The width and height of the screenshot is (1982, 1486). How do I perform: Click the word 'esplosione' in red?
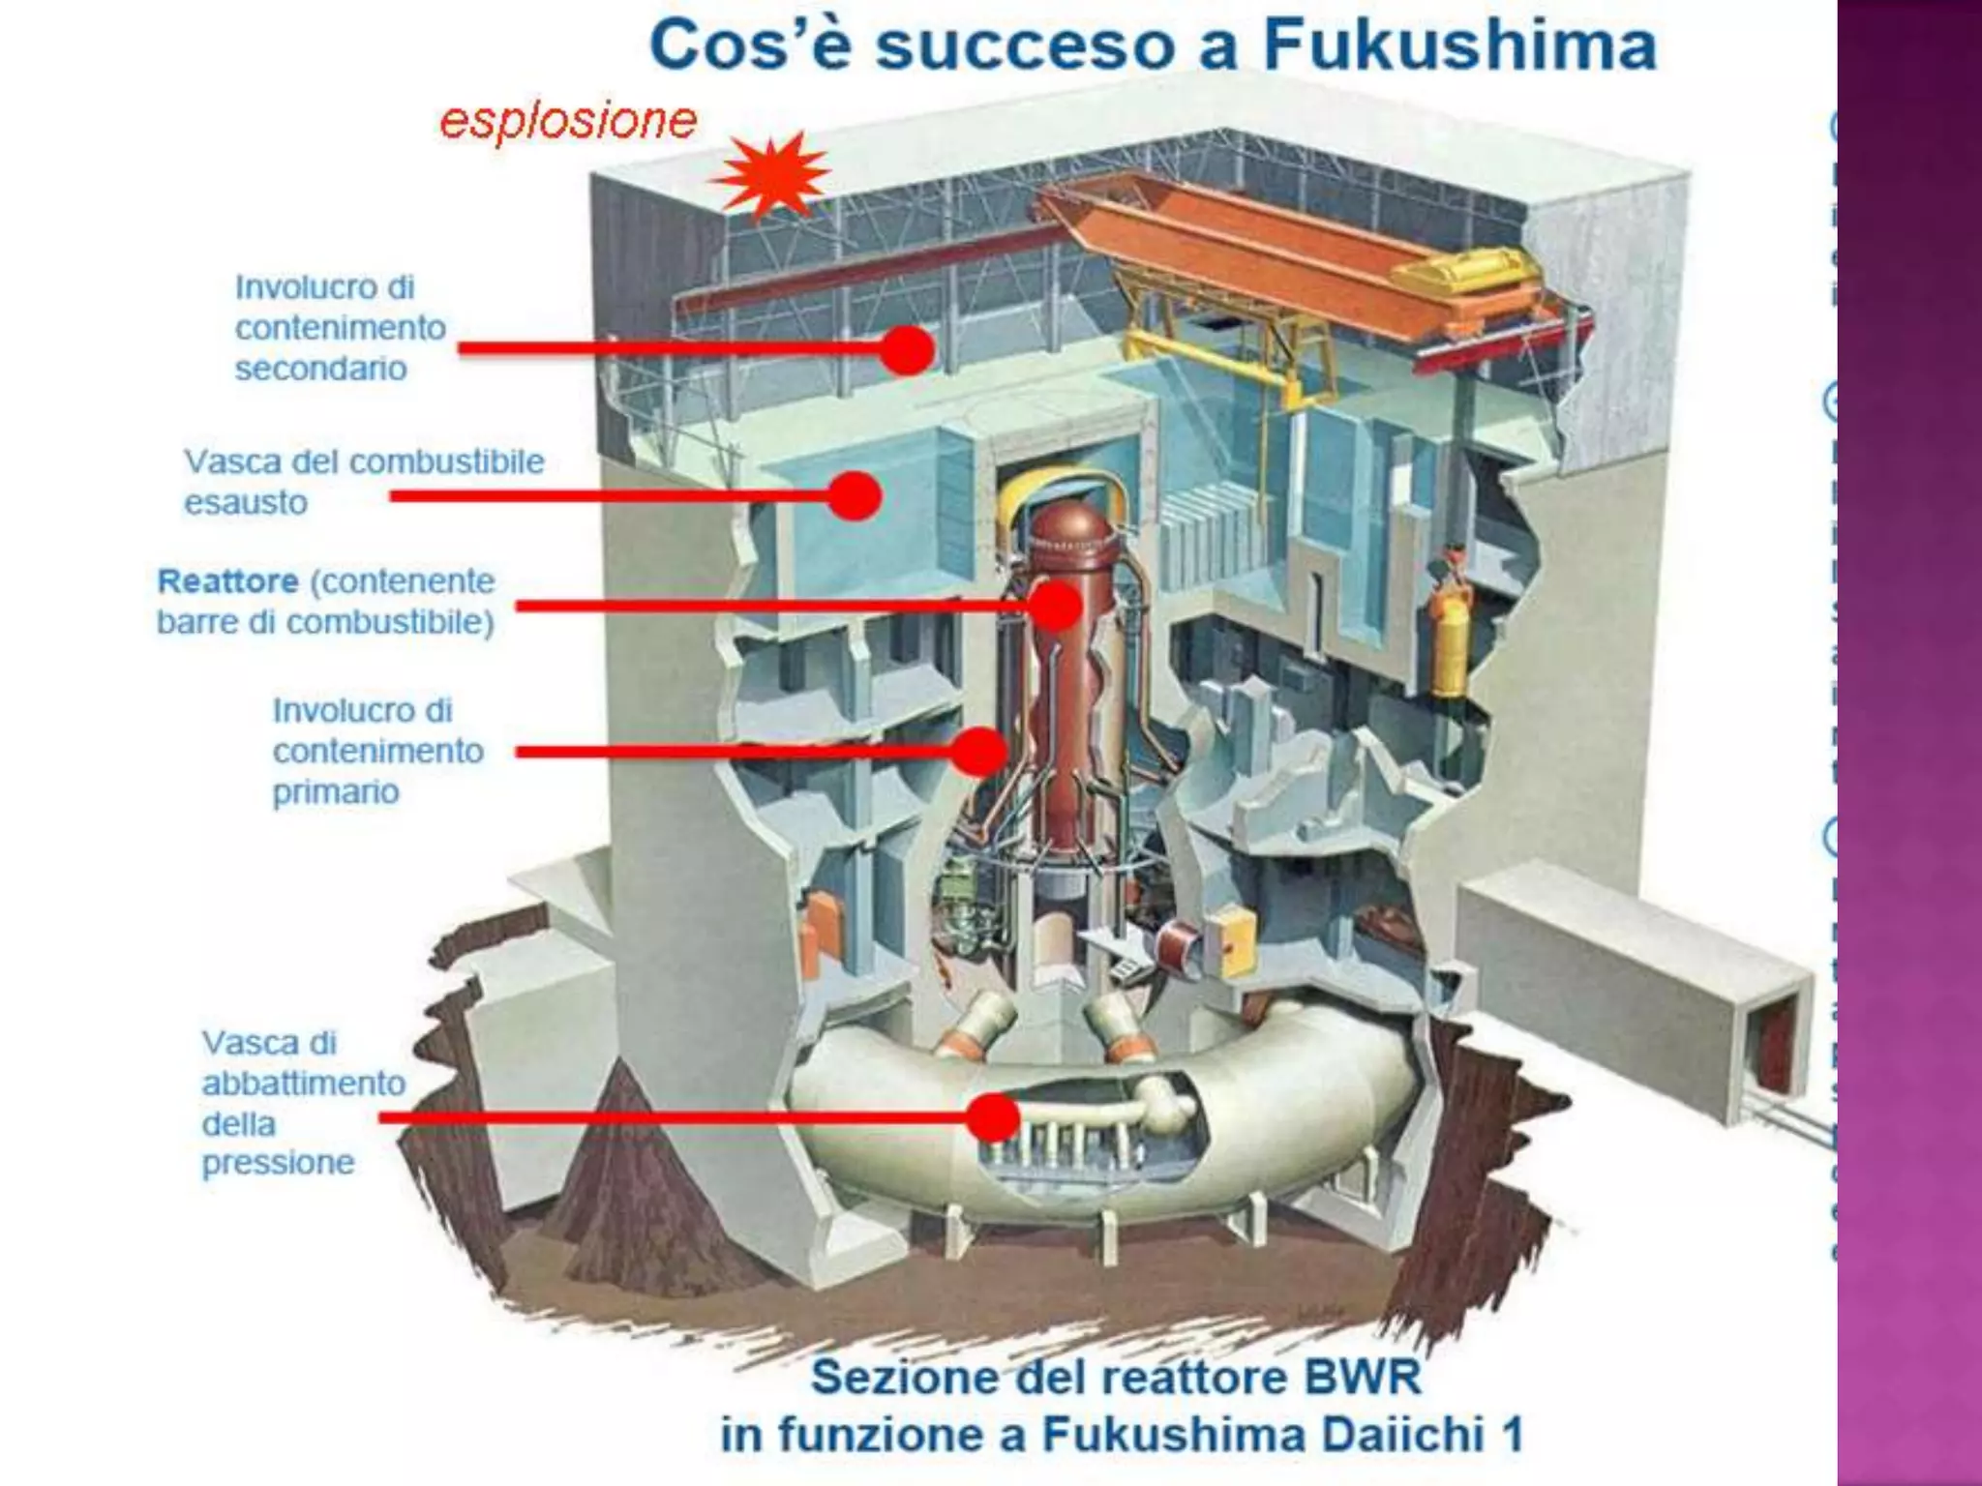568,121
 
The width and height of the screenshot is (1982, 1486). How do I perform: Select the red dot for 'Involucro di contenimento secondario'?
907,348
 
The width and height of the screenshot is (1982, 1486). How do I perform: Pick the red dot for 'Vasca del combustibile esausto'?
855,496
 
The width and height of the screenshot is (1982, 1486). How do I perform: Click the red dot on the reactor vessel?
1054,607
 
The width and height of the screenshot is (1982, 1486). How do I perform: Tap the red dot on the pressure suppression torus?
993,1117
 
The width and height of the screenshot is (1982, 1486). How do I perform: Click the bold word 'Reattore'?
228,581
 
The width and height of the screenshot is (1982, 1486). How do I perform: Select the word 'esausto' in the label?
246,503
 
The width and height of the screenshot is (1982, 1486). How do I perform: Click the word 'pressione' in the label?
278,1162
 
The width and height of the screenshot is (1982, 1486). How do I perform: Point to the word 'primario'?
336,791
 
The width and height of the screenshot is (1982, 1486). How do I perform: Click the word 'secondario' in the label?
320,369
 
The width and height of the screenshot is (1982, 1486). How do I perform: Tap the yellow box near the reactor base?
1231,937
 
